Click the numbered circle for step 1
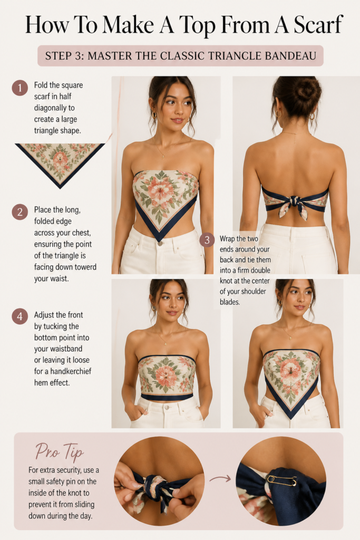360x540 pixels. pyautogui.click(x=20, y=88)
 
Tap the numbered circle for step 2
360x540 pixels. pyautogui.click(x=20, y=212)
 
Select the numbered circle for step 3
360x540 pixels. pyautogui.click(x=207, y=239)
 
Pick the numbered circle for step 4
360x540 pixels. pyautogui.click(x=20, y=316)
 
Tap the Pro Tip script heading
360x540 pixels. pyautogui.click(x=60, y=451)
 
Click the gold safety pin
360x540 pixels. pyautogui.click(x=281, y=480)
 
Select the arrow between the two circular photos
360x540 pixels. pyautogui.click(x=220, y=478)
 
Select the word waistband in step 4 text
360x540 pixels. pyautogui.click(x=58, y=349)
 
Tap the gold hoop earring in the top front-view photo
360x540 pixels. pyautogui.click(x=154, y=114)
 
